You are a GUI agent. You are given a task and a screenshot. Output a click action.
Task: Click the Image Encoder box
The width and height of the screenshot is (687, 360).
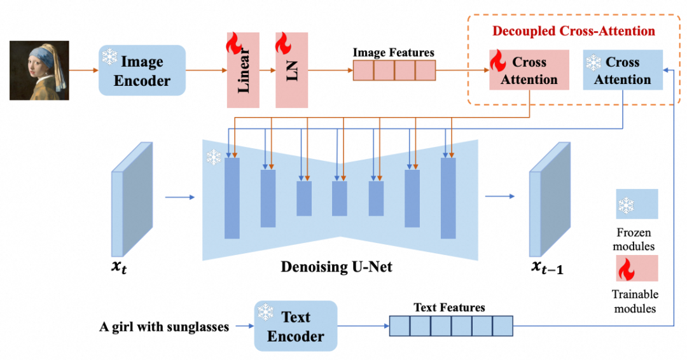[x=141, y=71]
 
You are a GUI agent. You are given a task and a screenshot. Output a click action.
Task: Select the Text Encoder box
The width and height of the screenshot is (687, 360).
[x=295, y=326]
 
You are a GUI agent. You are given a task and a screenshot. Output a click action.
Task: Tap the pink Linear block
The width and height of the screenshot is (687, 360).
[x=243, y=70]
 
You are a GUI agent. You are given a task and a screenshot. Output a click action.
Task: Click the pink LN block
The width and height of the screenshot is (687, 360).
[x=291, y=70]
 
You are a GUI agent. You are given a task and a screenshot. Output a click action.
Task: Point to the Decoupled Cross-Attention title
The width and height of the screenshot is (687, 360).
[x=573, y=31]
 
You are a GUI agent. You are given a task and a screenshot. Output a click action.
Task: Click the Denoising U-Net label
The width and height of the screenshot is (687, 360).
[x=337, y=267]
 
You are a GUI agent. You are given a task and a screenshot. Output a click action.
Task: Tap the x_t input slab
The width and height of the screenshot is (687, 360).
[x=132, y=198]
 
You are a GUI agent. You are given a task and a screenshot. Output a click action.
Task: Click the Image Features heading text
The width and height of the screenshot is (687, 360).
[x=394, y=53]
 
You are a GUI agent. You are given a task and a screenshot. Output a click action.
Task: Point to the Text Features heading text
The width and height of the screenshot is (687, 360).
[x=449, y=307]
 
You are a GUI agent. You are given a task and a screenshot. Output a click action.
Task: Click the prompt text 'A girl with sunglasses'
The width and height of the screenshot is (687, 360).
[x=164, y=327]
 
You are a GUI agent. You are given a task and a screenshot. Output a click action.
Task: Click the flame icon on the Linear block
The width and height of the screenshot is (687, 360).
[x=233, y=44]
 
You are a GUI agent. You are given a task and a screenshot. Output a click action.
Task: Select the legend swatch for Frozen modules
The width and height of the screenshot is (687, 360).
[x=636, y=204]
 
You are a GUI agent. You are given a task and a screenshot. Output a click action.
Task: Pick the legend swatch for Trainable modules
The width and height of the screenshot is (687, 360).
[x=636, y=267]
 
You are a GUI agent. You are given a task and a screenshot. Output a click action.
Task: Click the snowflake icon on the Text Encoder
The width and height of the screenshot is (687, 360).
[x=265, y=312]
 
